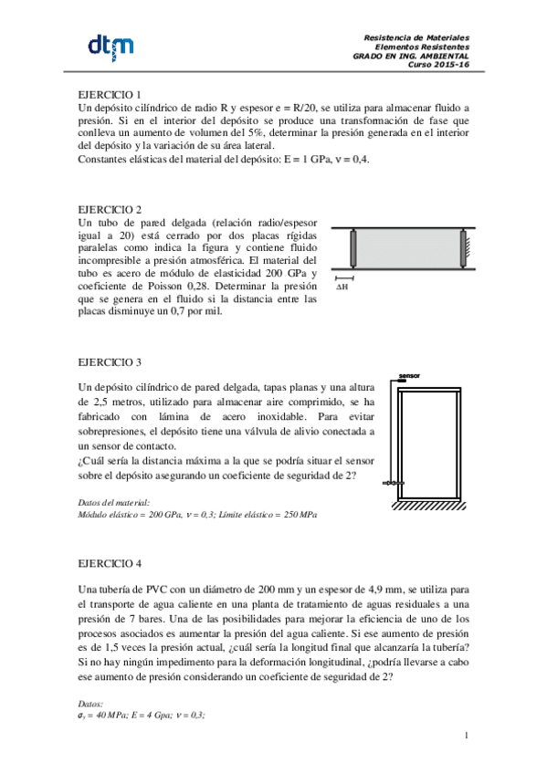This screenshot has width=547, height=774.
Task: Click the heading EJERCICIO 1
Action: [x=110, y=95]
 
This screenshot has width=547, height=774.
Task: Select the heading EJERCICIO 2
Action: [x=110, y=209]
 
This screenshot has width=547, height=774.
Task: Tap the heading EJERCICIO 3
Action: [x=110, y=361]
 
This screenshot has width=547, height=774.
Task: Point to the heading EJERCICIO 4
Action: [x=110, y=563]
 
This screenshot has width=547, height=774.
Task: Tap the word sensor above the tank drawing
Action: [x=408, y=374]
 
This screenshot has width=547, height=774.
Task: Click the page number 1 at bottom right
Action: [x=466, y=736]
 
